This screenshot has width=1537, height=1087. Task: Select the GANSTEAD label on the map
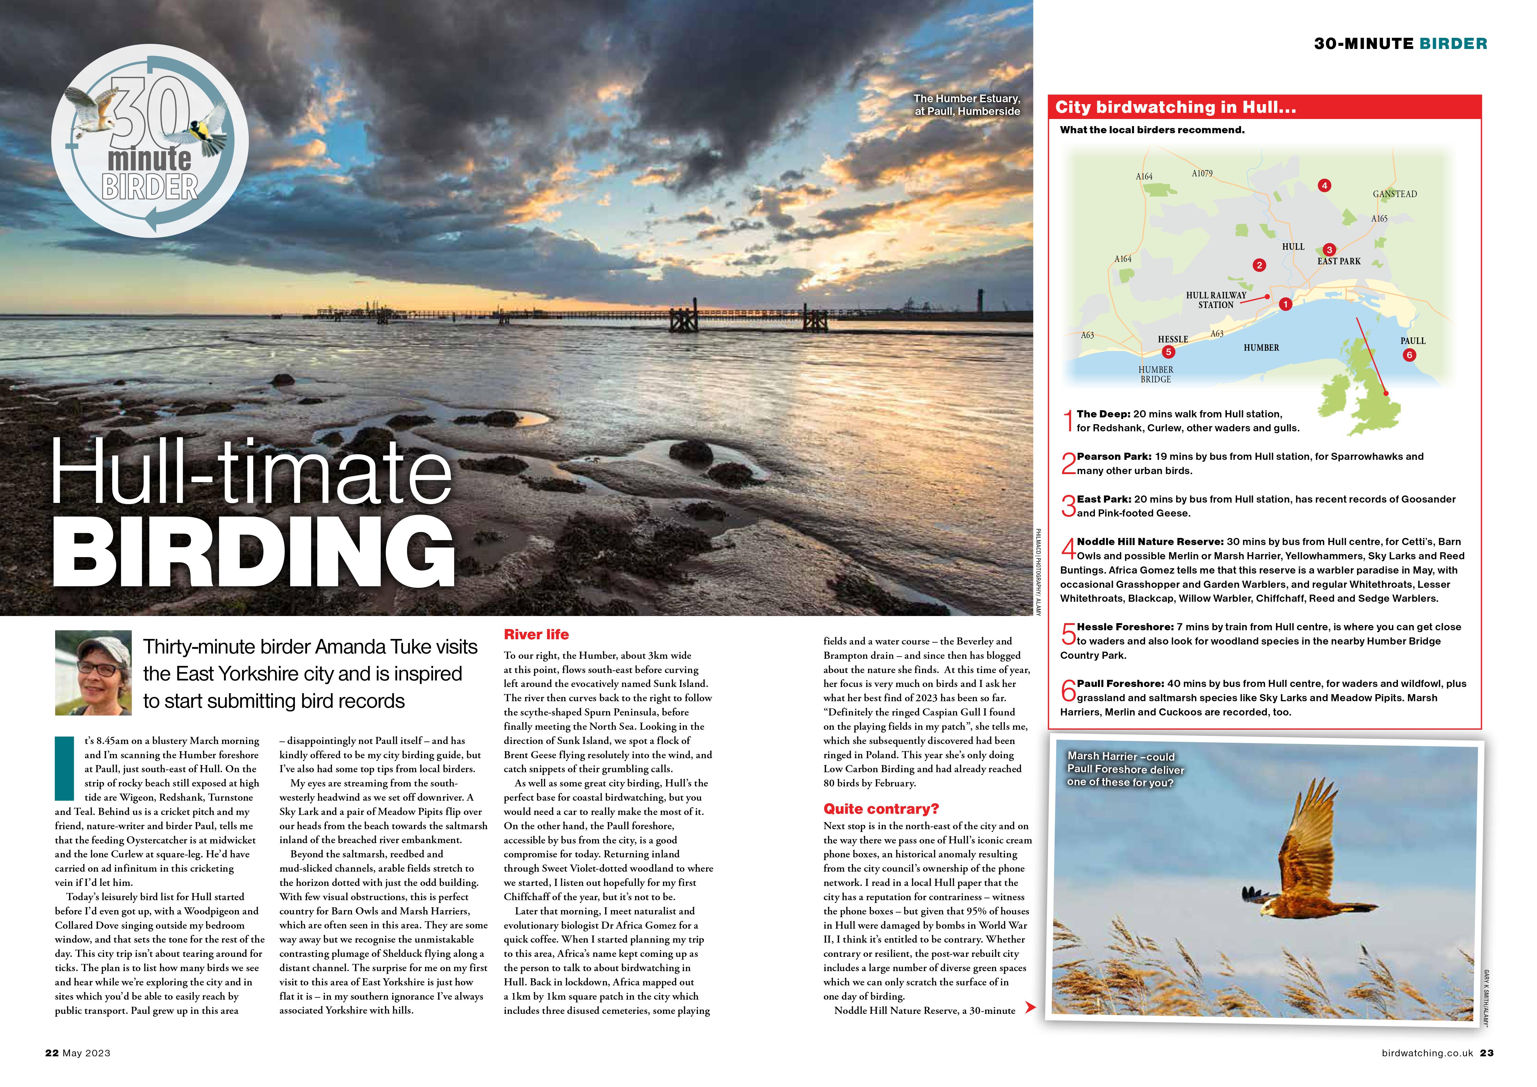point(1394,194)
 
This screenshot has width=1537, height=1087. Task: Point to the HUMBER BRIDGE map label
point(1155,374)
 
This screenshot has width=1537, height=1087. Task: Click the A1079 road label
point(1201,173)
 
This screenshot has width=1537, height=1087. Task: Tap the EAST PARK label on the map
point(1339,261)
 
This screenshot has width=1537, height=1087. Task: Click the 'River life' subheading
point(536,635)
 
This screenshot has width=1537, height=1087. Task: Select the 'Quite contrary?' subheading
point(881,808)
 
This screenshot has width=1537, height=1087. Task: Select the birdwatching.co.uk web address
point(1427,1053)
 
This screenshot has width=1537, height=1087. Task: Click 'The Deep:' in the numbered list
point(1103,414)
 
